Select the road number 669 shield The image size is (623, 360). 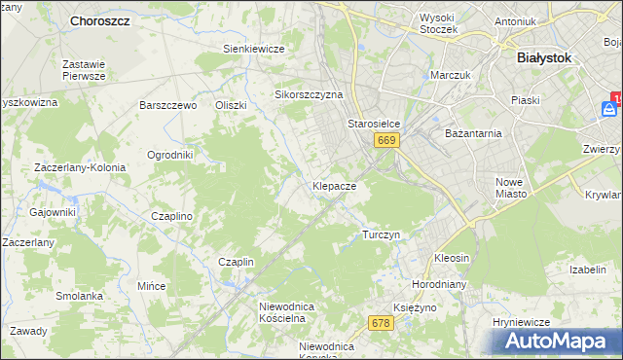pos(386,141)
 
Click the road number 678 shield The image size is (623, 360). pos(382,322)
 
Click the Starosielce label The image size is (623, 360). pos(375,125)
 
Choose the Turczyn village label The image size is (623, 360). pos(381,234)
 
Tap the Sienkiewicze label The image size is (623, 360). pos(253,49)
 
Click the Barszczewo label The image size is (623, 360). pos(168,105)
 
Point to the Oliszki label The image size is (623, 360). pos(232,105)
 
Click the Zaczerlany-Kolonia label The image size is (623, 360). pos(80,167)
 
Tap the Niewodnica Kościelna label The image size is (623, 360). pos(282,312)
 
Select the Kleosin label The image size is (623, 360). pos(452,259)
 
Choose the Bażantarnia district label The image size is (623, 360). pos(472,132)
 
